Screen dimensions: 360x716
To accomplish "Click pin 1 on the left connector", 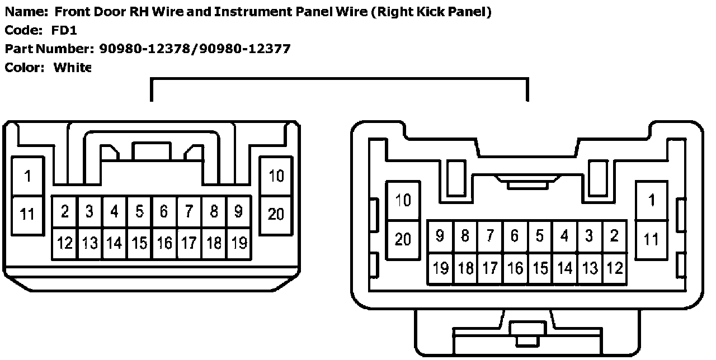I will [x=27, y=177].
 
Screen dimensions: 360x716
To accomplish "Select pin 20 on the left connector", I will [x=276, y=214].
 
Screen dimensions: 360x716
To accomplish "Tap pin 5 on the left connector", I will [x=139, y=211].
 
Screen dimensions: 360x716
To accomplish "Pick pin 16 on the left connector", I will [x=164, y=243].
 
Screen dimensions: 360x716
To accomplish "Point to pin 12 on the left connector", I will [x=65, y=243].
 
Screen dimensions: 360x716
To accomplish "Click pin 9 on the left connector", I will [x=238, y=211].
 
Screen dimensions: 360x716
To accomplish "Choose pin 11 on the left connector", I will [x=27, y=214].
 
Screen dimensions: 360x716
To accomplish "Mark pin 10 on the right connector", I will [x=403, y=200].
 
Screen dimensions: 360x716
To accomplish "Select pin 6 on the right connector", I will [x=515, y=236].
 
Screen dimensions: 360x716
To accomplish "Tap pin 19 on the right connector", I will [x=441, y=268].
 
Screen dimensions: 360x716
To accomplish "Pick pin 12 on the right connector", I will [x=615, y=268].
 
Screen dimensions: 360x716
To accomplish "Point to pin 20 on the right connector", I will [x=403, y=239].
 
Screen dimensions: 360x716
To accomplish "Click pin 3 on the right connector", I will [x=589, y=236].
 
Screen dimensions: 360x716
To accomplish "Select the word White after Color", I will [x=72, y=68].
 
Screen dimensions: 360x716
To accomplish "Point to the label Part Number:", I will [x=49, y=49].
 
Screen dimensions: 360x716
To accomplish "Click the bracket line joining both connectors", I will [x=339, y=79].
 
